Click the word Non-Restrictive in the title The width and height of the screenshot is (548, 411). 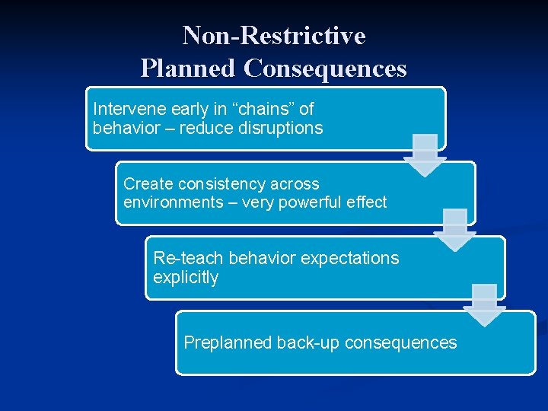pyautogui.click(x=274, y=36)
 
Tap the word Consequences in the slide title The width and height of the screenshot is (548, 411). pyautogui.click(x=325, y=68)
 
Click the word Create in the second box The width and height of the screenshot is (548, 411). pyautogui.click(x=148, y=183)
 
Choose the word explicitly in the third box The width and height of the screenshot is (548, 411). pyautogui.click(x=186, y=278)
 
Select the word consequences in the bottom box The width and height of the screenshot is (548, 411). pyautogui.click(x=401, y=342)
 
